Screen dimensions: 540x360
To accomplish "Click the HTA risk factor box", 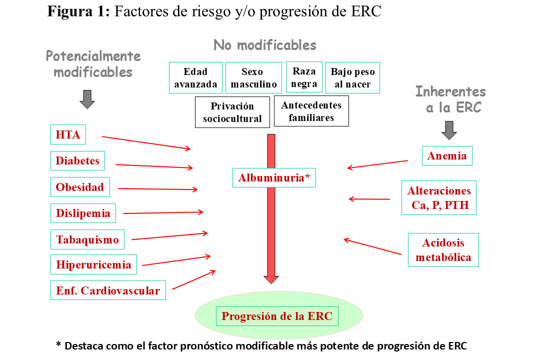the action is (x=68, y=134).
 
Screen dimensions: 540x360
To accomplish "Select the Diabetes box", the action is (x=77, y=160).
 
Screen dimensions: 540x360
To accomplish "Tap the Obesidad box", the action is (x=80, y=187).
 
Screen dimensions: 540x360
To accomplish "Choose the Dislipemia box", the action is (x=83, y=213).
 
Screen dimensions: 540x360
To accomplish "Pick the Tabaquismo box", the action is (x=87, y=239).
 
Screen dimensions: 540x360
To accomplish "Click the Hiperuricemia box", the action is (x=93, y=264).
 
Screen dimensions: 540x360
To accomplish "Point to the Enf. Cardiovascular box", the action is (x=108, y=290).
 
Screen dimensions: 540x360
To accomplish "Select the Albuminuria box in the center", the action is (x=274, y=177).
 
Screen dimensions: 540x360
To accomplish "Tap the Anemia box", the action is (x=447, y=155).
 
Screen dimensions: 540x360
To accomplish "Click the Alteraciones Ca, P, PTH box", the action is (x=439, y=197).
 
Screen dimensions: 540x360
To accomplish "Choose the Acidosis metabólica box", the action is (x=443, y=249).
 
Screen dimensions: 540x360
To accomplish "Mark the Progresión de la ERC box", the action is (x=277, y=316).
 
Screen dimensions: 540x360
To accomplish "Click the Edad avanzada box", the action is (x=195, y=77).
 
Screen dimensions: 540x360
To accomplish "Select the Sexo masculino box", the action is (x=253, y=77).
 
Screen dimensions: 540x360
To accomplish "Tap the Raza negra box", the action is (x=304, y=77).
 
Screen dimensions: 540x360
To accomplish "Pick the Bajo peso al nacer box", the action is (x=352, y=77).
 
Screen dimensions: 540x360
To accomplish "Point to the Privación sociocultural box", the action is (x=232, y=112).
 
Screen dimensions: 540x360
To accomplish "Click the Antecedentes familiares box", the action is (x=311, y=111).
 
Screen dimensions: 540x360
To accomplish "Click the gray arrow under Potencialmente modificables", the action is (x=87, y=99).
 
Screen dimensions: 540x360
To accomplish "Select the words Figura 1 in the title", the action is (x=78, y=11).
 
